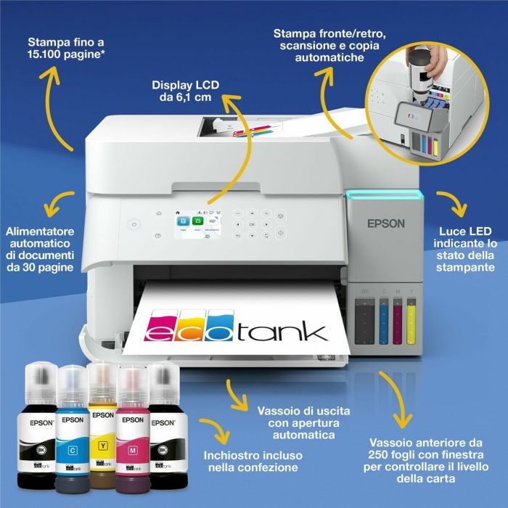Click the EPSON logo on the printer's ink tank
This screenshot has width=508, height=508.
pos(385,224)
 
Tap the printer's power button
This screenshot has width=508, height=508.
pos(133,226)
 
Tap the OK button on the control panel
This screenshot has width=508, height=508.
pos(252,224)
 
